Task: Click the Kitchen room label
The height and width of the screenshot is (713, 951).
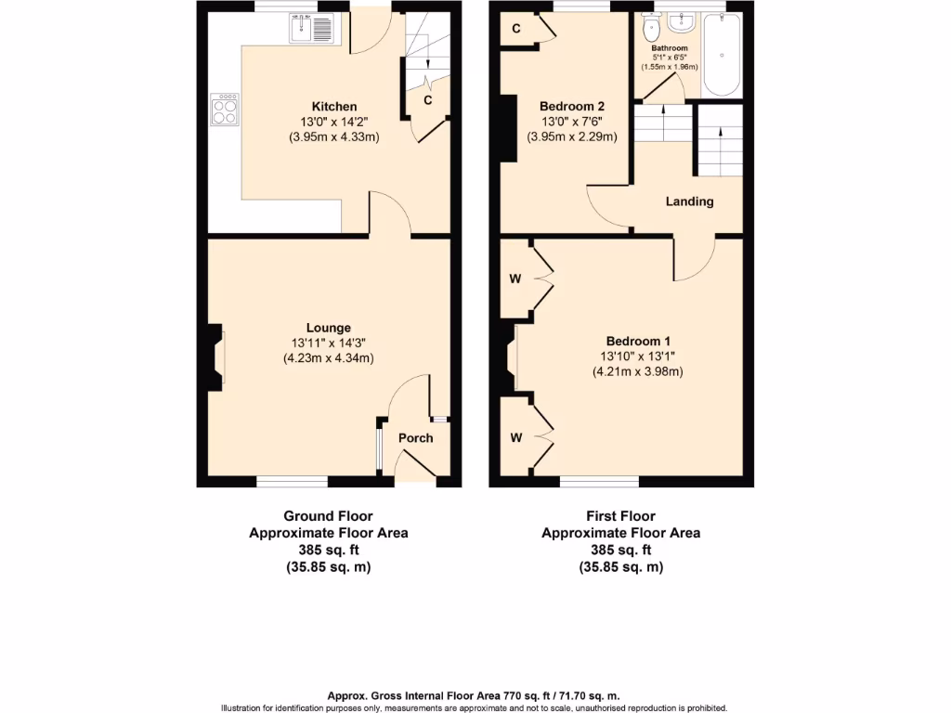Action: [333, 107]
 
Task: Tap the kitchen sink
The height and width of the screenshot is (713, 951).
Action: [311, 32]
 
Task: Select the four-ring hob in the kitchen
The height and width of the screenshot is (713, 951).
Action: [225, 110]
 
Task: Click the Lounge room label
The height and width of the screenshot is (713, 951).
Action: [329, 328]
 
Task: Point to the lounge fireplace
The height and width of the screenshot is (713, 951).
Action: [215, 356]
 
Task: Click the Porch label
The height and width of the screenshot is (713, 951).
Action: [415, 438]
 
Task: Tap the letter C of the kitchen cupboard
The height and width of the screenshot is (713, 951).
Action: [427, 100]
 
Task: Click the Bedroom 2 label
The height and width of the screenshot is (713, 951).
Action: [572, 106]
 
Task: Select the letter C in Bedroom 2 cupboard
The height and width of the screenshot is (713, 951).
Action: [516, 30]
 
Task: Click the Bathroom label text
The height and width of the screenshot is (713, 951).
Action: [669, 48]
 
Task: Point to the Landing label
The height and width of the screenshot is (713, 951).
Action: [689, 201]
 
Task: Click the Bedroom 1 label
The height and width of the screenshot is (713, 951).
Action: [637, 341]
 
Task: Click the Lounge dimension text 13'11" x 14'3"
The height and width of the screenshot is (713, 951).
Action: [329, 343]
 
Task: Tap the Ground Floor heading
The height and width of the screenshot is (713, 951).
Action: [328, 516]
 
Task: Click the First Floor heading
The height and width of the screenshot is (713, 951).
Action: [620, 516]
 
